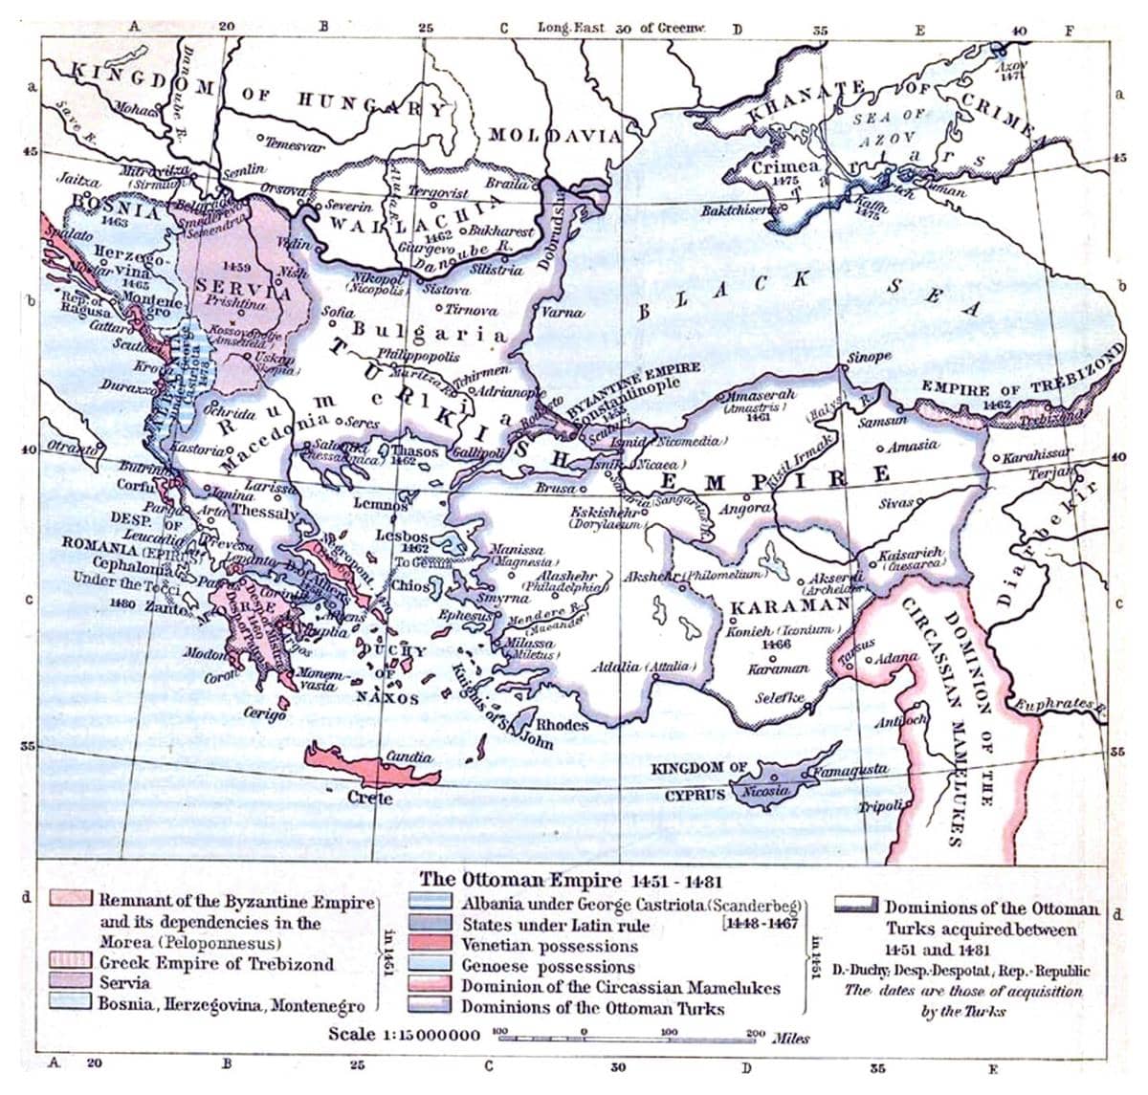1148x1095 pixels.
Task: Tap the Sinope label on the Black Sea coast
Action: coord(869,357)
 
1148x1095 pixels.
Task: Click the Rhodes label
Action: coord(562,725)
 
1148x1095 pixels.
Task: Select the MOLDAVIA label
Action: coord(555,135)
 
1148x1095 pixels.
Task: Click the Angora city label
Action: coord(744,508)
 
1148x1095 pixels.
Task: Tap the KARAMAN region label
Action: coord(789,606)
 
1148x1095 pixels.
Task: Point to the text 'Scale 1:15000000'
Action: coord(403,1034)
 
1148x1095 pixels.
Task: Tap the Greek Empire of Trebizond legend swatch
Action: coord(74,962)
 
